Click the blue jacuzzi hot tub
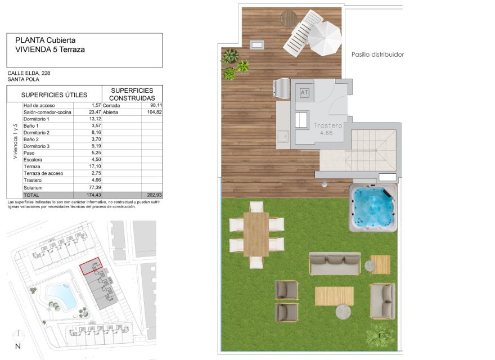pos(373,208)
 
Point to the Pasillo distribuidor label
pos(377,55)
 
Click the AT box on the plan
pos(305,92)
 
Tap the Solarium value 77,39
pos(92,186)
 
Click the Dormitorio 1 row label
pos(37,119)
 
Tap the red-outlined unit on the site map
pos(91,265)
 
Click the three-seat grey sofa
pos(334,263)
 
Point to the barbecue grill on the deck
pos(280,88)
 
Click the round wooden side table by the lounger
pos(289,18)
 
